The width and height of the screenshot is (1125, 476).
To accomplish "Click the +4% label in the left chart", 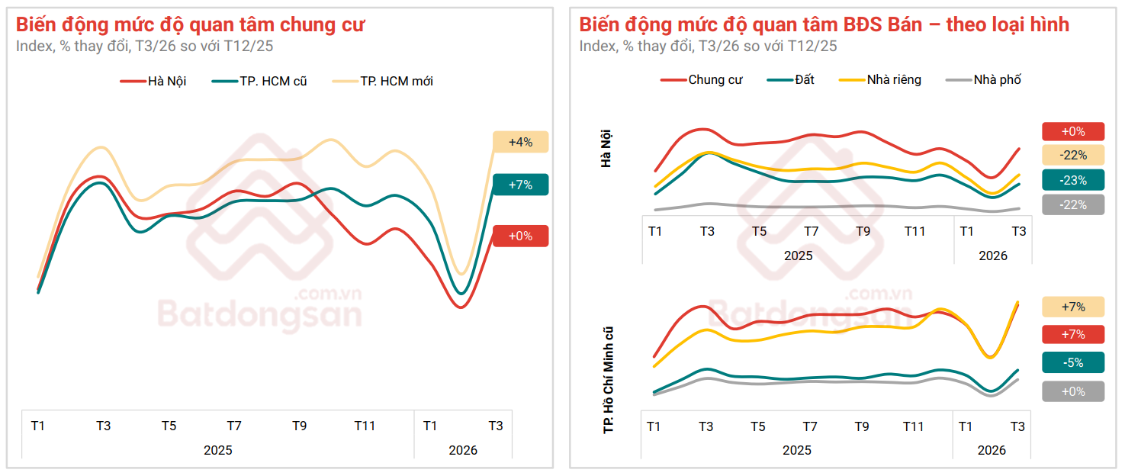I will (x=520, y=142).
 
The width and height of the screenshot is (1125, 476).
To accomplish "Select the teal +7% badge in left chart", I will (x=520, y=185).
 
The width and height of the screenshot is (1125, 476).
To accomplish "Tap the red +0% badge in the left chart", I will (x=520, y=236).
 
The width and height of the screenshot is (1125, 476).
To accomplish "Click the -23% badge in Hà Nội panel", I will (x=1073, y=180).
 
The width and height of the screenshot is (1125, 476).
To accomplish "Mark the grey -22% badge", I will (x=1073, y=204).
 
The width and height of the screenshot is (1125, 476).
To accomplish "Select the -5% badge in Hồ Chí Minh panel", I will (x=1073, y=362).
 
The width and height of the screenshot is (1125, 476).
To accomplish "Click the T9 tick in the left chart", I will (x=299, y=426).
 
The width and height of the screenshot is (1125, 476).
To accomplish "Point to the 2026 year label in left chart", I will (x=463, y=450).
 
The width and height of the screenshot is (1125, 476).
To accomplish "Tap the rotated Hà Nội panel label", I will (x=606, y=149).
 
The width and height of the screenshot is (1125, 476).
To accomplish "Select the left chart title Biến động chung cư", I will (x=190, y=24).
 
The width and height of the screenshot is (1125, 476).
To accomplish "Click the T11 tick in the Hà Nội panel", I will (x=914, y=231).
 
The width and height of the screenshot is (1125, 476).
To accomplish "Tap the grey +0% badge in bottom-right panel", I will (x=1073, y=391).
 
